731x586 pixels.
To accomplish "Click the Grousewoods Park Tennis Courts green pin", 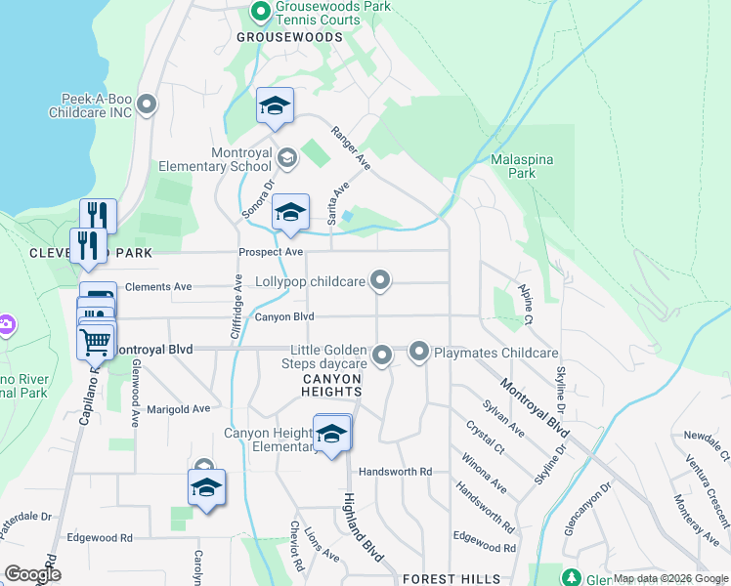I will click(x=260, y=13).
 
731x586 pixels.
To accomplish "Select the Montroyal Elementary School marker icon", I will click(x=287, y=157).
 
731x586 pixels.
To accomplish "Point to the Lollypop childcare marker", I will click(x=381, y=281).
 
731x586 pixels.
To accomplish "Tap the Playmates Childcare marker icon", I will click(x=419, y=351).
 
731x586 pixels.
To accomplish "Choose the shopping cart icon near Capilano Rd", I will click(x=96, y=341).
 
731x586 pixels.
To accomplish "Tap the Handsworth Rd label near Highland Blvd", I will click(x=395, y=472).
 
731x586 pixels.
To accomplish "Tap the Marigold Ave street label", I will click(x=178, y=409).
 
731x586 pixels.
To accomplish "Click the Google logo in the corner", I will click(x=33, y=574).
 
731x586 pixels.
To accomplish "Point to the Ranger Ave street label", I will click(x=351, y=148).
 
